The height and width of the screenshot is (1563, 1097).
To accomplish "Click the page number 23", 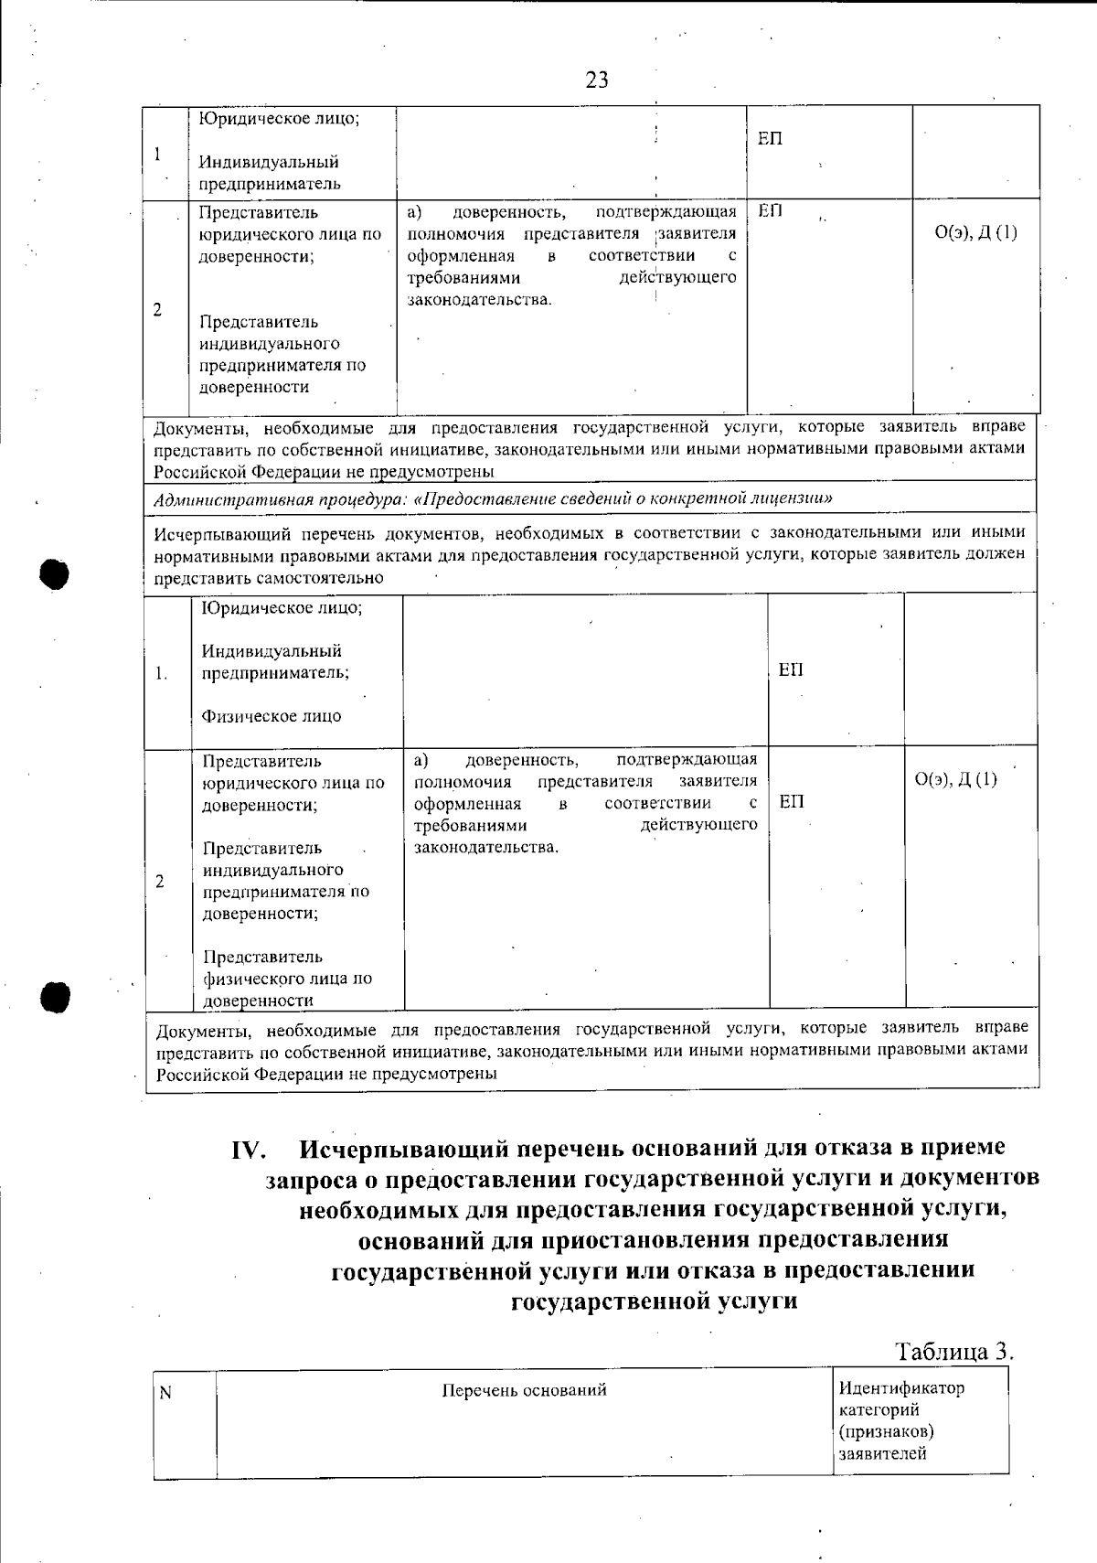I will click(x=597, y=80).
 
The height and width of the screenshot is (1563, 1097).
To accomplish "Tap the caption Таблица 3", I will click(x=954, y=1352).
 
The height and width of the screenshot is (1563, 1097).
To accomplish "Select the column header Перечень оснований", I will click(x=524, y=1391).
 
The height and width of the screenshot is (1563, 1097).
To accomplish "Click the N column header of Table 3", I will click(x=165, y=1393).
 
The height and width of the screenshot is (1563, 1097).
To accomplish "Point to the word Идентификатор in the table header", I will click(x=901, y=1388).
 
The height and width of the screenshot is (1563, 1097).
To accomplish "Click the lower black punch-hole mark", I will click(x=56, y=996).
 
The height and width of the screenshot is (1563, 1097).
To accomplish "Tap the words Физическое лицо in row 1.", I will click(x=272, y=716).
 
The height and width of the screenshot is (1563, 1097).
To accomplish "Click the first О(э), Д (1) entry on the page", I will click(x=976, y=232).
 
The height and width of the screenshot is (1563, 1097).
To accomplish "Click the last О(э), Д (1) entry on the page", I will click(x=956, y=779).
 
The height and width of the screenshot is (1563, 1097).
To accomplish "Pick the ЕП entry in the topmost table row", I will click(x=770, y=139).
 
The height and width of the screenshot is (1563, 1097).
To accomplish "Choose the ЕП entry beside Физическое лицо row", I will click(x=791, y=670).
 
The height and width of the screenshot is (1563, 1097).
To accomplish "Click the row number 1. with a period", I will click(x=161, y=674).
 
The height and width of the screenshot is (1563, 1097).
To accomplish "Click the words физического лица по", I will click(x=287, y=979).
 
